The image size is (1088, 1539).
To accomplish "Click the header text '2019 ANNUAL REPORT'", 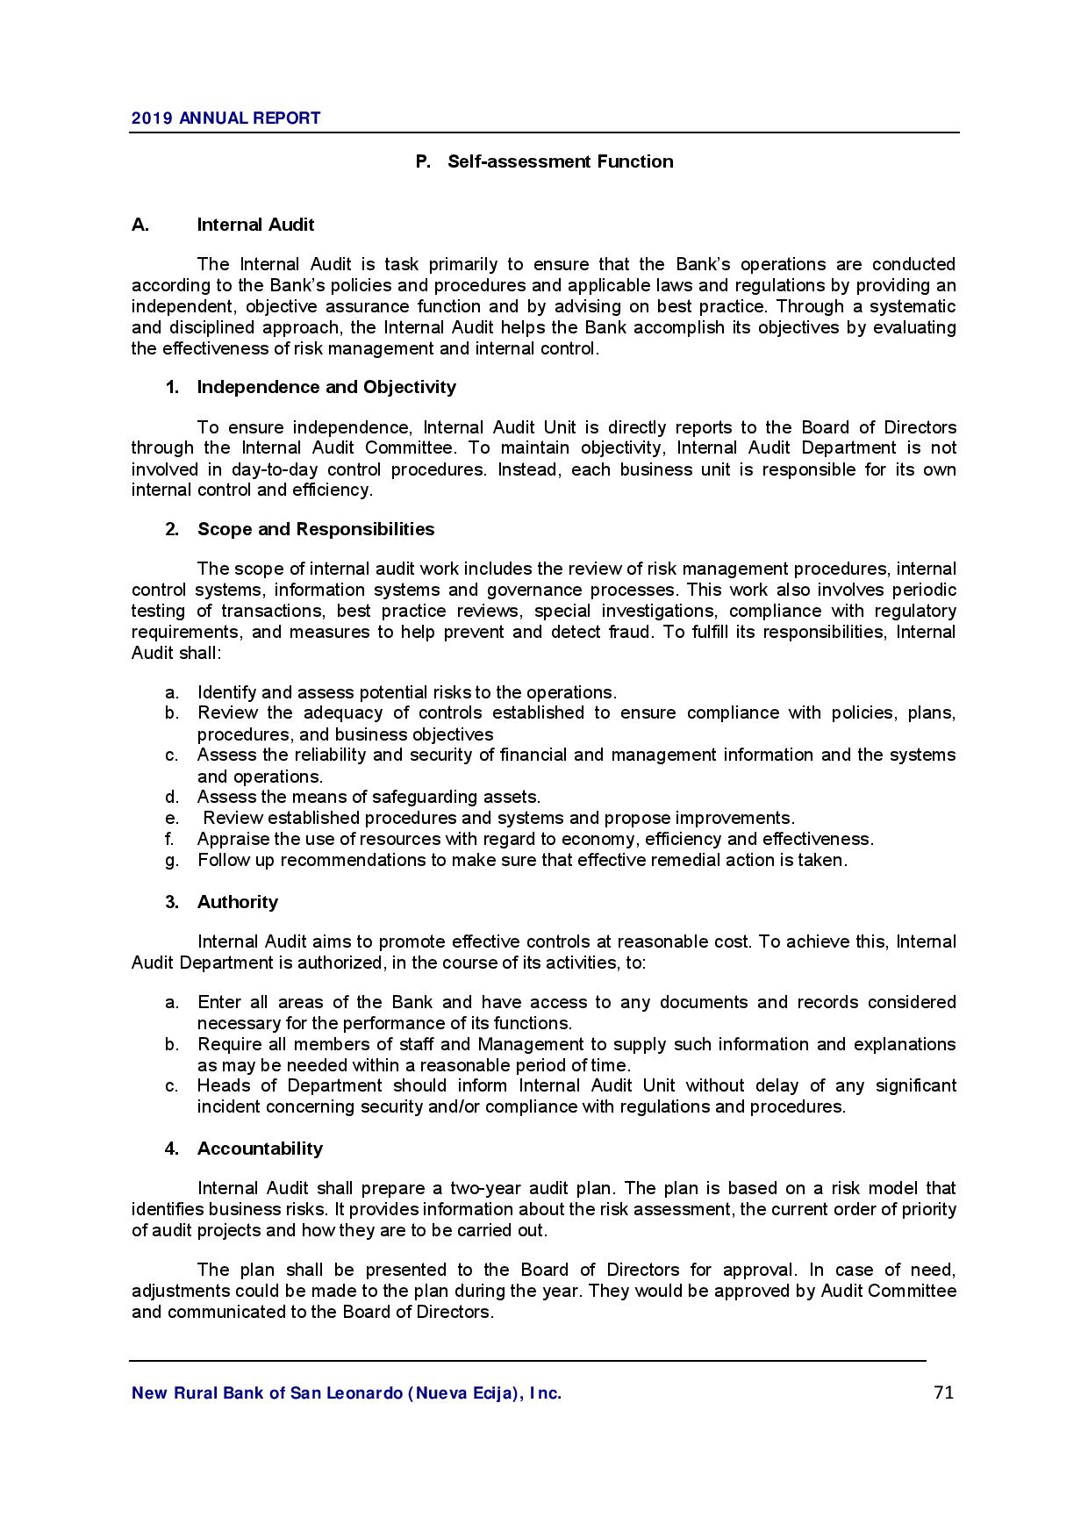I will tap(225, 118).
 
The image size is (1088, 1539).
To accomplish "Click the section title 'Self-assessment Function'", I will tap(560, 161).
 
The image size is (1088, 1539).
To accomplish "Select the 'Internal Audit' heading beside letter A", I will tap(255, 225).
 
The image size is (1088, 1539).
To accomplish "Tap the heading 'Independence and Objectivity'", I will tap(326, 387).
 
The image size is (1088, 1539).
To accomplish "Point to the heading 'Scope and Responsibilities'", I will tap(316, 529).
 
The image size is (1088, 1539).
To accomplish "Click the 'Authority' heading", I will tap(238, 902).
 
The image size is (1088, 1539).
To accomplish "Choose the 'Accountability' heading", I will tap(260, 1149).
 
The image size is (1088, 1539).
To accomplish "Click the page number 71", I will tap(943, 1392).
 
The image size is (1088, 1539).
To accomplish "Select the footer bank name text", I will tap(347, 1393).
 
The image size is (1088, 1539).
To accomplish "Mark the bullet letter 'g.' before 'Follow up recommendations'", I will tap(172, 861).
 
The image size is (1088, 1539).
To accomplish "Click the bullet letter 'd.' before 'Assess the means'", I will tap(172, 798).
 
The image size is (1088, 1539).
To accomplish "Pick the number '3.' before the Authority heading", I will tap(172, 902).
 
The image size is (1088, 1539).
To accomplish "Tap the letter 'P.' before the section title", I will tap(423, 161).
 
